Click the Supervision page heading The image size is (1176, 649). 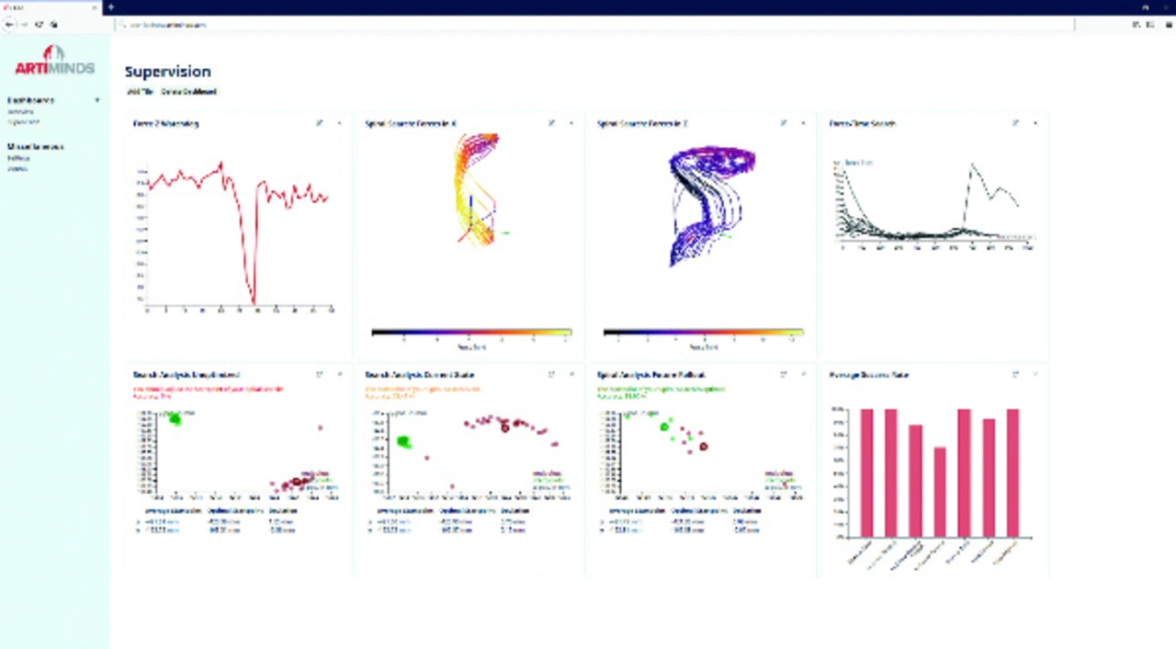pos(167,72)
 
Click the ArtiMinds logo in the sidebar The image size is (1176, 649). pos(54,62)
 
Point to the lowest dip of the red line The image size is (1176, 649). pos(254,302)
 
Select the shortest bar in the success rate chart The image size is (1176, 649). pos(939,492)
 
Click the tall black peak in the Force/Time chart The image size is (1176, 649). pos(972,166)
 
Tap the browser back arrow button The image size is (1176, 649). pos(10,25)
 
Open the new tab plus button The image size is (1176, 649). pos(111,6)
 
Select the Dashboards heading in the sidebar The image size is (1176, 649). pos(31,100)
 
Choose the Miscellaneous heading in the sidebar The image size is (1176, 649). pos(35,147)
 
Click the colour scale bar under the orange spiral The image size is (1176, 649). pos(471,333)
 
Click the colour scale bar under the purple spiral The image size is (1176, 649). pos(703,333)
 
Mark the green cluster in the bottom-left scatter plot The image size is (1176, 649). pos(174,419)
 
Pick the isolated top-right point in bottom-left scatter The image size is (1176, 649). pos(321,427)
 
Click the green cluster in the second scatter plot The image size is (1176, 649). pos(402,442)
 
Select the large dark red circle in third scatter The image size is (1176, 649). pos(704,447)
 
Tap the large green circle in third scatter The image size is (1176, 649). pos(664,427)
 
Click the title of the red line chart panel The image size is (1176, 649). pos(165,123)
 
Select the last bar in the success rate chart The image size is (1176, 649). pos(1012,473)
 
